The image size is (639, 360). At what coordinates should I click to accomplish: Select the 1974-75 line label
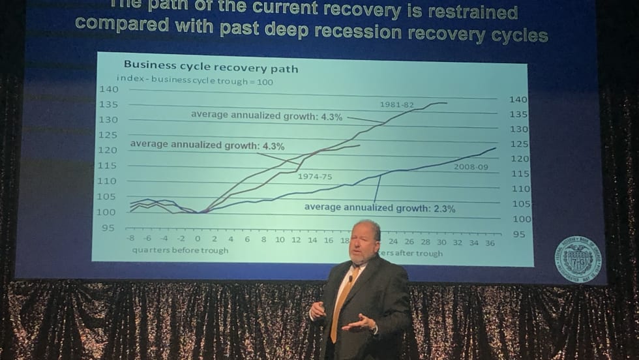(x=314, y=177)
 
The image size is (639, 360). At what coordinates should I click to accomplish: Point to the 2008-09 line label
(x=471, y=166)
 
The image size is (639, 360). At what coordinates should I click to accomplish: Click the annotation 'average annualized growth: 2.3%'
(x=379, y=209)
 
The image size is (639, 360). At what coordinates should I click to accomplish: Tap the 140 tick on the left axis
(x=108, y=89)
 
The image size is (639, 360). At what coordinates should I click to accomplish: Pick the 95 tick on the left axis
(x=108, y=228)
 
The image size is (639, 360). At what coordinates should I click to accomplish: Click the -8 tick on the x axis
(x=130, y=239)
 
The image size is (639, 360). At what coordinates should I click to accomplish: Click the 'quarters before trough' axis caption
(x=180, y=250)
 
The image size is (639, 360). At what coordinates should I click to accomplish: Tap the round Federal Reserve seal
(x=578, y=259)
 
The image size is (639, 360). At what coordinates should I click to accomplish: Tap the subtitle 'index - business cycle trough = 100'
(x=190, y=82)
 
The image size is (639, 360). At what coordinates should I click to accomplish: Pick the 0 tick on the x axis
(x=198, y=239)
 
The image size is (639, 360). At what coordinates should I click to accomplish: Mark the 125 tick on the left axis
(x=108, y=135)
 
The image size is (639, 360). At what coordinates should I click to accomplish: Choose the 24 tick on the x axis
(x=393, y=241)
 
